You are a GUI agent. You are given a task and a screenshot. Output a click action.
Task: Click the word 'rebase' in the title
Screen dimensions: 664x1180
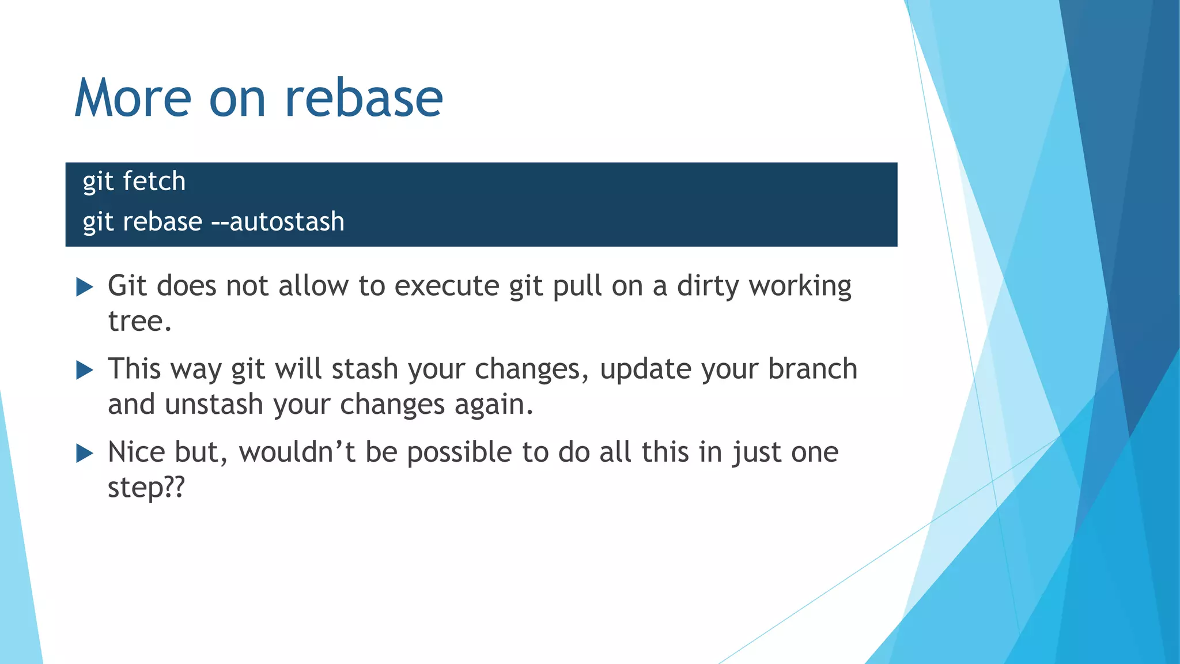tap(364, 98)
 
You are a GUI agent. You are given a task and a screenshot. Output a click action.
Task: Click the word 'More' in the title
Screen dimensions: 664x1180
tap(133, 98)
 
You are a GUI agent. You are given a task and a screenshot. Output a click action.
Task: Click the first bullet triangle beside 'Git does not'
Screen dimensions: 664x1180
tap(85, 286)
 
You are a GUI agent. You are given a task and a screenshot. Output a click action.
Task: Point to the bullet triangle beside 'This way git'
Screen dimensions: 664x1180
tap(85, 369)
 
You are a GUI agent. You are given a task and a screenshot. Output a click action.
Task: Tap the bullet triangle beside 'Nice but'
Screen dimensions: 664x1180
tap(85, 453)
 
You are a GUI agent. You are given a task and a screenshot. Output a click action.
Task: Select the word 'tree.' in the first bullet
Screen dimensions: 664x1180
tap(140, 322)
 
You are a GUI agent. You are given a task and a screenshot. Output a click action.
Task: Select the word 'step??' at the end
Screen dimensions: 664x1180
tap(146, 488)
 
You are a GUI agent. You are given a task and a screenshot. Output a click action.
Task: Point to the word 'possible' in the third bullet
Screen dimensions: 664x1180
tap(459, 452)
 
